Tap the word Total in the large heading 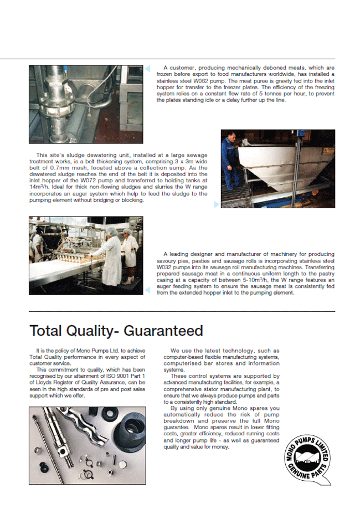point(50,331)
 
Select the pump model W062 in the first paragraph point(215,80)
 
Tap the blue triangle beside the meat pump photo point(147,69)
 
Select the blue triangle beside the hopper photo point(217,204)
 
